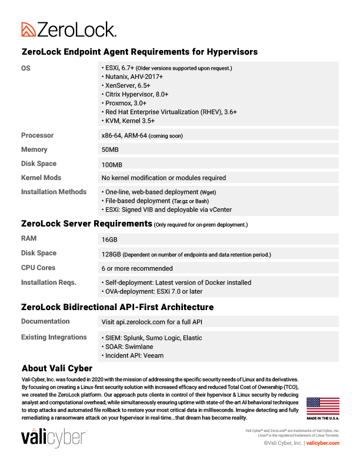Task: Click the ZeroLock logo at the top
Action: [68, 29]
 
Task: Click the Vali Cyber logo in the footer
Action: [54, 438]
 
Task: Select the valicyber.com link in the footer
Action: [324, 443]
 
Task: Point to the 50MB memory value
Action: [110, 149]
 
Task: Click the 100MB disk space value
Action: [112, 164]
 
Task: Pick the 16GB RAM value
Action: [109, 239]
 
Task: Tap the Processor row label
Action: [37, 135]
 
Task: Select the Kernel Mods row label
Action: [41, 178]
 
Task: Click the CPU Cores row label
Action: [39, 268]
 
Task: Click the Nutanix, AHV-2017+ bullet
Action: [134, 76]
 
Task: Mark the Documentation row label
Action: [45, 322]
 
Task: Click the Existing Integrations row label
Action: [54, 338]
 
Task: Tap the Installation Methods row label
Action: [54, 192]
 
